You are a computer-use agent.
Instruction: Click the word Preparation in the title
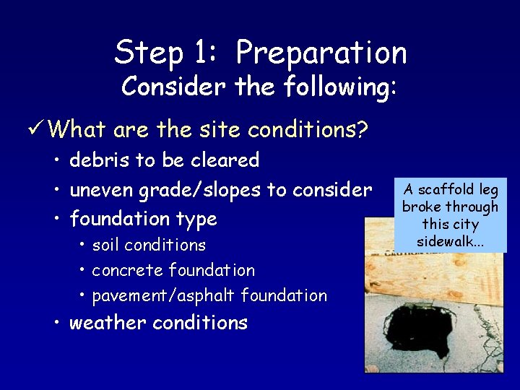(321, 53)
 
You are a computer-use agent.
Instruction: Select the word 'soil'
(106, 245)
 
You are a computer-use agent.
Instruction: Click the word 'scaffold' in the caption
(443, 190)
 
